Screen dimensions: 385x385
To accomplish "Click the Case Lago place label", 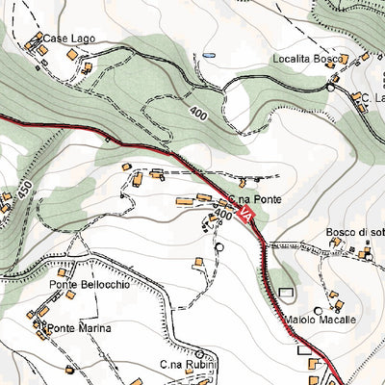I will click(x=67, y=38).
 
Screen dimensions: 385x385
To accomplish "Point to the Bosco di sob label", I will click(x=354, y=232).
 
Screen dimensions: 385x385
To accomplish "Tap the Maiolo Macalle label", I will click(x=321, y=319).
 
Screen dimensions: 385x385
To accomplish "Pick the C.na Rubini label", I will click(x=189, y=365).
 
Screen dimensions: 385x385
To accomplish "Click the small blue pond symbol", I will click(x=208, y=56).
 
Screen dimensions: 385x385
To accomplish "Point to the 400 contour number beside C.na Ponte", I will click(x=223, y=213).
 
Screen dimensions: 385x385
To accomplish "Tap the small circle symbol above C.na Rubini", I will click(x=200, y=352).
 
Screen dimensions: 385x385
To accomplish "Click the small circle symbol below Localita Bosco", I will click(x=331, y=87).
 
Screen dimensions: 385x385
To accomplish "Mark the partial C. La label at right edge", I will click(x=372, y=97).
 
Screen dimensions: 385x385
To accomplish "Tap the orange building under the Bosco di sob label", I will click(x=366, y=256).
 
